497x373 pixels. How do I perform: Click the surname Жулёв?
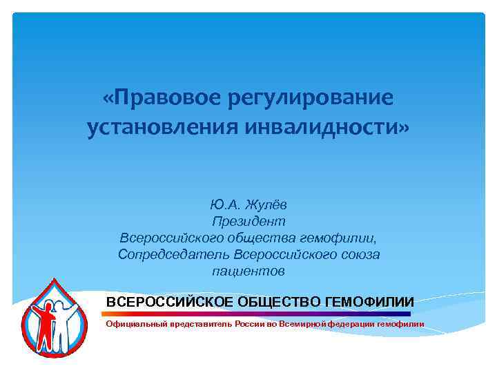click(x=269, y=205)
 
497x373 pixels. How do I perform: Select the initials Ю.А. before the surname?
click(x=225, y=205)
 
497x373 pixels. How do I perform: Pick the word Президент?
click(x=248, y=222)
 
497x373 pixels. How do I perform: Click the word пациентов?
click(x=248, y=271)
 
